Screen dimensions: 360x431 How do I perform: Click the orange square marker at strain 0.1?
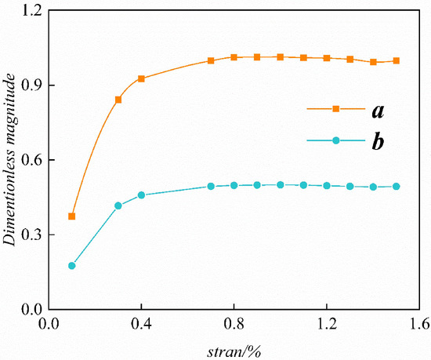click(x=72, y=216)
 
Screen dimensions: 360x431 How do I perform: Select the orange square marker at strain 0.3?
click(x=118, y=100)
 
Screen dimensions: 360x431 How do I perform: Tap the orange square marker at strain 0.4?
click(x=141, y=78)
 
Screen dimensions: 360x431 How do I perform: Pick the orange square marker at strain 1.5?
click(x=397, y=60)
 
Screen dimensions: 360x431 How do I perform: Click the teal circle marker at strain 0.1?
click(x=72, y=266)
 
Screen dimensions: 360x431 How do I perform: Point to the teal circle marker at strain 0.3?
click(x=118, y=205)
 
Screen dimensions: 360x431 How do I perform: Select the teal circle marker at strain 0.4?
click(x=141, y=195)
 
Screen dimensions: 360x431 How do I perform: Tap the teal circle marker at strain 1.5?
click(x=397, y=187)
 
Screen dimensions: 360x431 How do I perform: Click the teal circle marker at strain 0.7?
click(x=211, y=187)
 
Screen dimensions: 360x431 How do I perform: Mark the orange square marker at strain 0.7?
click(x=211, y=60)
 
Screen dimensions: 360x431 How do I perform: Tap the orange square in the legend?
click(x=335, y=109)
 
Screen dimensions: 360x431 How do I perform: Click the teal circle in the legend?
click(x=335, y=140)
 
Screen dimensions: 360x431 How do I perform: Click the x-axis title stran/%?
click(x=234, y=348)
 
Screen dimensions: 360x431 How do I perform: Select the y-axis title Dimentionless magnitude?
click(x=10, y=160)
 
